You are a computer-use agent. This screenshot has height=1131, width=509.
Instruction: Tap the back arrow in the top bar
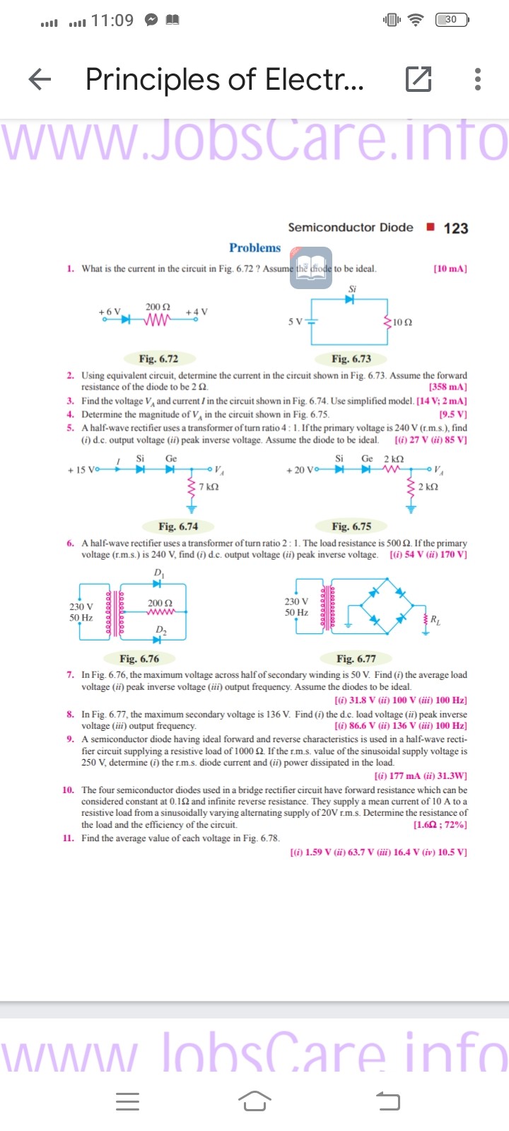[x=40, y=79]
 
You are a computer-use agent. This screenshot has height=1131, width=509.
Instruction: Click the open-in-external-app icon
[x=419, y=79]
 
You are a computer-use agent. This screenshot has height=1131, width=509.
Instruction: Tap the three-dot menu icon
[x=478, y=79]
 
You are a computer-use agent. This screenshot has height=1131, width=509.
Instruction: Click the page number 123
[x=456, y=228]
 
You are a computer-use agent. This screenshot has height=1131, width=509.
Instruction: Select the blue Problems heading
[x=255, y=248]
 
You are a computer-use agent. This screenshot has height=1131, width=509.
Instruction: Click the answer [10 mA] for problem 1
[x=450, y=269]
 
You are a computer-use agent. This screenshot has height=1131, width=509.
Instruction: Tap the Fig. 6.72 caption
[x=158, y=358]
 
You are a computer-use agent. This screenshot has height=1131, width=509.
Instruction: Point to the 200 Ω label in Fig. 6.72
[x=158, y=307]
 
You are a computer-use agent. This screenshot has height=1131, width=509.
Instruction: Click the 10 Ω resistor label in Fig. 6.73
[x=403, y=322]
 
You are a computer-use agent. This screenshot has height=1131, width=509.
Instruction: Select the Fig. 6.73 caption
[x=351, y=358]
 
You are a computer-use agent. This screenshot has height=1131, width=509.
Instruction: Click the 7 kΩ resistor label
[x=209, y=487]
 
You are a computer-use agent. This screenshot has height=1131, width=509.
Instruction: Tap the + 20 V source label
[x=300, y=469]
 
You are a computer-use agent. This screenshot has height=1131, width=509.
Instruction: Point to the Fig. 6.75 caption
[x=351, y=526]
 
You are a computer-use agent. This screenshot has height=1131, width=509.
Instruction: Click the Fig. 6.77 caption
[x=356, y=659]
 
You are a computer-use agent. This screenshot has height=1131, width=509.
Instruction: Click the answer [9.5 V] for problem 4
[x=452, y=414]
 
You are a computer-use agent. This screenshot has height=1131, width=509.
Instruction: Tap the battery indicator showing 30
[x=451, y=20]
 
